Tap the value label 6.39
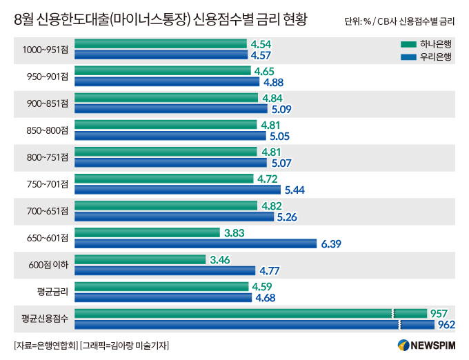(x=331, y=243)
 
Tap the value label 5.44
(x=295, y=190)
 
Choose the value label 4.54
(x=261, y=43)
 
